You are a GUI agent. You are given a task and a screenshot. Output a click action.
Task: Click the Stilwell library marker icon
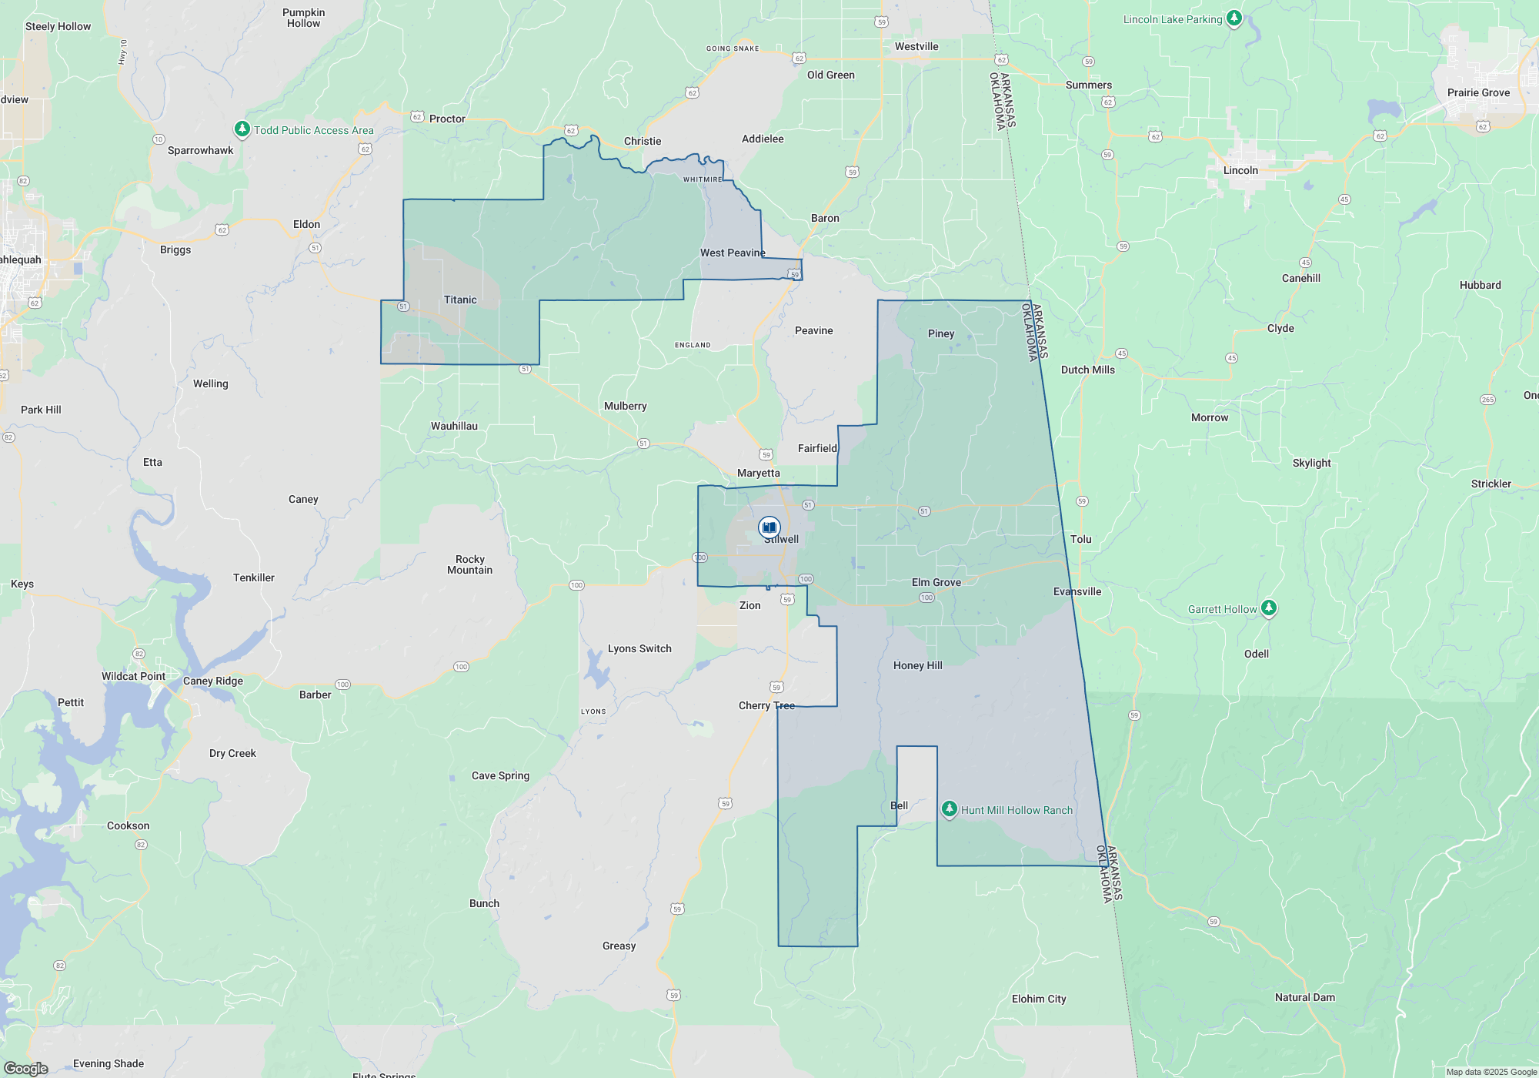(x=769, y=527)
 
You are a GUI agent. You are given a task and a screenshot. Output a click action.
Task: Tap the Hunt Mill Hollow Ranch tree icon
(x=950, y=808)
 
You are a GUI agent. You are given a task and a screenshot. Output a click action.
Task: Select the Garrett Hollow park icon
(x=1269, y=608)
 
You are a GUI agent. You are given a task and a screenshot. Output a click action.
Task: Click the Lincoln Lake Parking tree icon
(x=1234, y=18)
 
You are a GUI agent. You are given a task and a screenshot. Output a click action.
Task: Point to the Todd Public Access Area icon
(x=242, y=129)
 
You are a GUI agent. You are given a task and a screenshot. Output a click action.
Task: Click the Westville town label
(x=916, y=46)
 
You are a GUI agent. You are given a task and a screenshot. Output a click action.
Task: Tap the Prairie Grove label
(x=1478, y=92)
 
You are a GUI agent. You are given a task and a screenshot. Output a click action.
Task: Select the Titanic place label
(x=460, y=300)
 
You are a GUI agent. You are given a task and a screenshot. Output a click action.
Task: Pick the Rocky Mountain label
(x=469, y=564)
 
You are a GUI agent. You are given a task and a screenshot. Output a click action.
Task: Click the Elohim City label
(x=1039, y=999)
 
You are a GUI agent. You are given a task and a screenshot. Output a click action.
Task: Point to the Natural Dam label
(x=1305, y=997)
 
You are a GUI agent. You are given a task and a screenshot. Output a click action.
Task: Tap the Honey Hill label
(x=917, y=665)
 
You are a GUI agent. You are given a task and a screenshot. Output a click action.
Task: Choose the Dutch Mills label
(x=1087, y=370)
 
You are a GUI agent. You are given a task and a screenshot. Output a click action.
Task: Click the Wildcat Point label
(x=133, y=676)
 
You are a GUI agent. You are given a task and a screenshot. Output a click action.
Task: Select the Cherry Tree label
(x=766, y=705)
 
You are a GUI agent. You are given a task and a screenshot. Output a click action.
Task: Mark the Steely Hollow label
(x=58, y=26)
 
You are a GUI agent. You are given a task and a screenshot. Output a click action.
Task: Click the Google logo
(x=26, y=1069)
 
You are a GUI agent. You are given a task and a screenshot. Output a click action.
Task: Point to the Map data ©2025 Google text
(x=1491, y=1072)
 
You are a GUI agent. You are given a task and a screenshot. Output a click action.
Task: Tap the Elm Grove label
(x=936, y=582)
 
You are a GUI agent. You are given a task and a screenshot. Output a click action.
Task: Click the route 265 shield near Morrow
(x=1487, y=400)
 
